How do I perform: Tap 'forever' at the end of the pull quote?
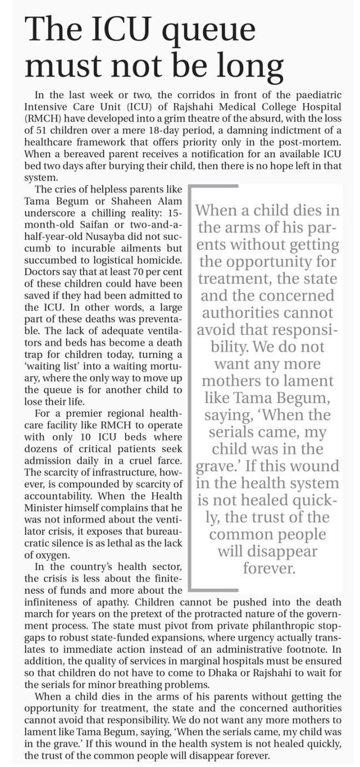(268, 568)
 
